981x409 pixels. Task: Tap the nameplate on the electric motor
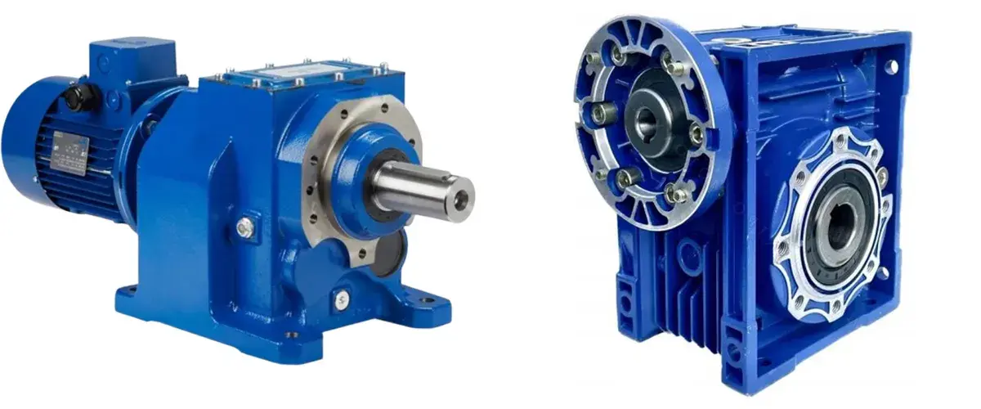pyautogui.click(x=69, y=151)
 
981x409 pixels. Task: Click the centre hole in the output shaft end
pyautogui.click(x=464, y=199)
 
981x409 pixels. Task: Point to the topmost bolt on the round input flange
pyautogui.click(x=618, y=55)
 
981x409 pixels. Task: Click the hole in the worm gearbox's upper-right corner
pyautogui.click(x=891, y=66)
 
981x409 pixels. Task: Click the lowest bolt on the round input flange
pyautogui.click(x=674, y=194)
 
